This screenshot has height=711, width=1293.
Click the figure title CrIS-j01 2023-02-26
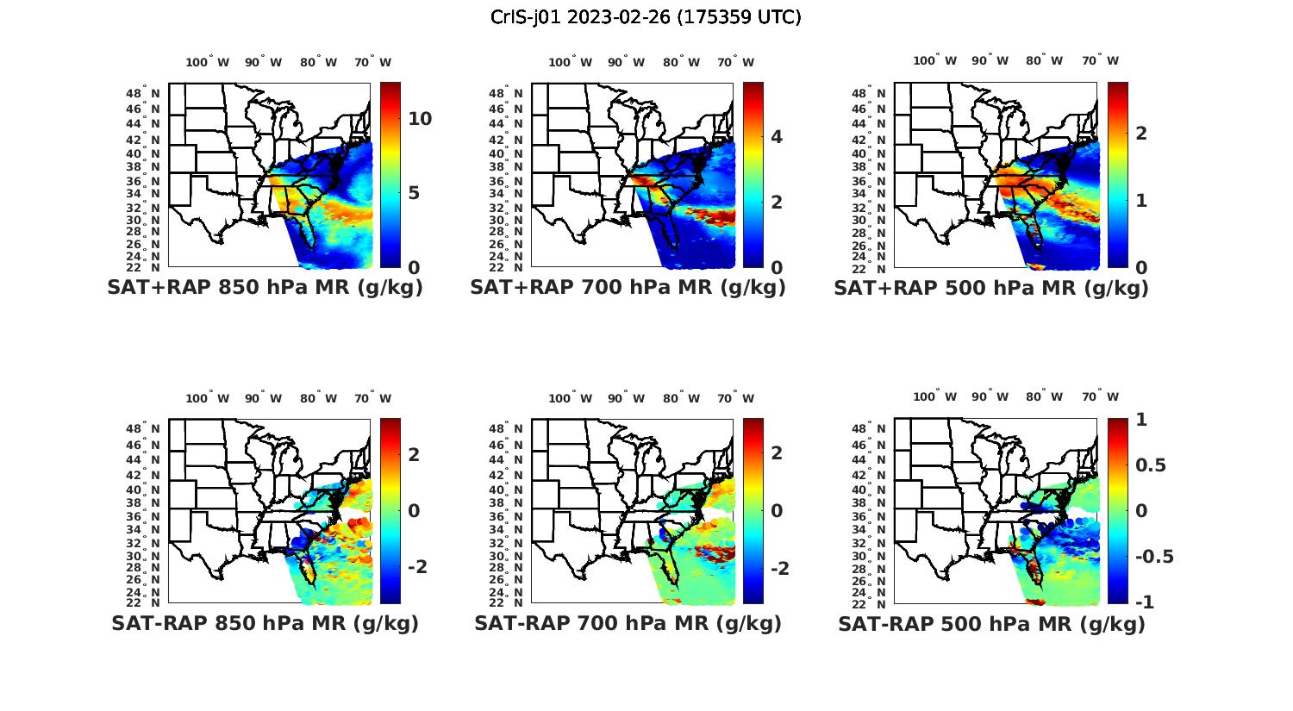click(646, 17)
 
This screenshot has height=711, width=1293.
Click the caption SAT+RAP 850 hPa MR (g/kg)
click(265, 288)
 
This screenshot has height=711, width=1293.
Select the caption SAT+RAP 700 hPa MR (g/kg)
click(628, 288)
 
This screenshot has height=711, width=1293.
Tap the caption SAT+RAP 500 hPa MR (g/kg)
click(991, 288)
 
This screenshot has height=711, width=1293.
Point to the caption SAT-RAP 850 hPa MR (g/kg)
click(265, 623)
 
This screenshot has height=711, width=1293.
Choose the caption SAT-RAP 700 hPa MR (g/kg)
click(628, 623)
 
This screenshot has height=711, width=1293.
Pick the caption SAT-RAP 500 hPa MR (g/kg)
click(991, 623)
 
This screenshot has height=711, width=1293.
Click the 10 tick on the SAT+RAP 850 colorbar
click(420, 119)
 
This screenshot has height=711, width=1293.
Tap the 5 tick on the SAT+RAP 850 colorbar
click(414, 193)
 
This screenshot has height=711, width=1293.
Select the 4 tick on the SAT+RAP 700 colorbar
click(777, 136)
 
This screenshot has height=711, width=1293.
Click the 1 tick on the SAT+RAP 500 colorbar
click(1140, 200)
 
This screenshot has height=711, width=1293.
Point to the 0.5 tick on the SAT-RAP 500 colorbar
click(1151, 465)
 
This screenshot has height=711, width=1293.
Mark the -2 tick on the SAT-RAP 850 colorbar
click(416, 566)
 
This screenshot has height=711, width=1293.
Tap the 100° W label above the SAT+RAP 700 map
click(570, 62)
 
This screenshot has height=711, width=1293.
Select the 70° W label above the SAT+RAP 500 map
click(1100, 60)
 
